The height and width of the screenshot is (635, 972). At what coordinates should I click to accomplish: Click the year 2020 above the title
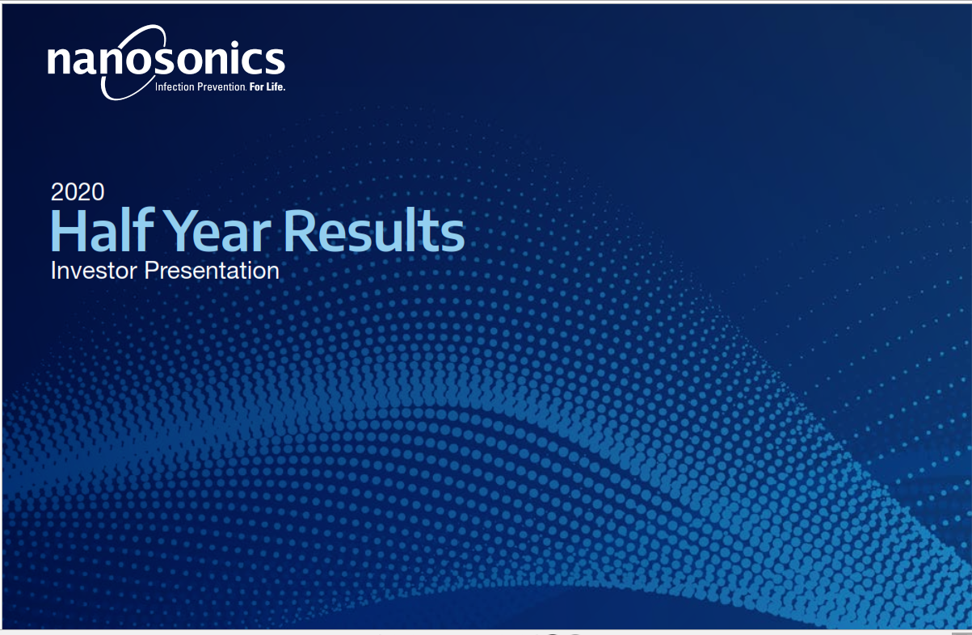coord(78,191)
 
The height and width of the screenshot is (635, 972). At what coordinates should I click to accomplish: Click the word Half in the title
coord(103,230)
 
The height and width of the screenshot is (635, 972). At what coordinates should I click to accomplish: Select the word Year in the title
coord(220,231)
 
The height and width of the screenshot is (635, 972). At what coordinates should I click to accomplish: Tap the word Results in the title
coord(374,230)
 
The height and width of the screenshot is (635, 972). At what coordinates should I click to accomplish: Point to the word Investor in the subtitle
coord(95,270)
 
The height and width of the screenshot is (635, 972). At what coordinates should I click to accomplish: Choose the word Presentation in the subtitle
coord(212,270)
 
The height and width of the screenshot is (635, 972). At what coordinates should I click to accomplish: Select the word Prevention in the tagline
coord(221,86)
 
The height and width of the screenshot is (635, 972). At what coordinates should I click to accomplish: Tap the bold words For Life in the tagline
coord(267,86)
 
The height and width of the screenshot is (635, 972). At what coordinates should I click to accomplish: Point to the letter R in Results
coord(299,231)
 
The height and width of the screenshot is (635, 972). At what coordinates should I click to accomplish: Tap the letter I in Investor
coord(53,270)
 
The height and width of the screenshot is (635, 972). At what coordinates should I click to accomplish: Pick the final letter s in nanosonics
coord(275,61)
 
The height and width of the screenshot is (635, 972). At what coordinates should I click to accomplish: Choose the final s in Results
coord(452,236)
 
